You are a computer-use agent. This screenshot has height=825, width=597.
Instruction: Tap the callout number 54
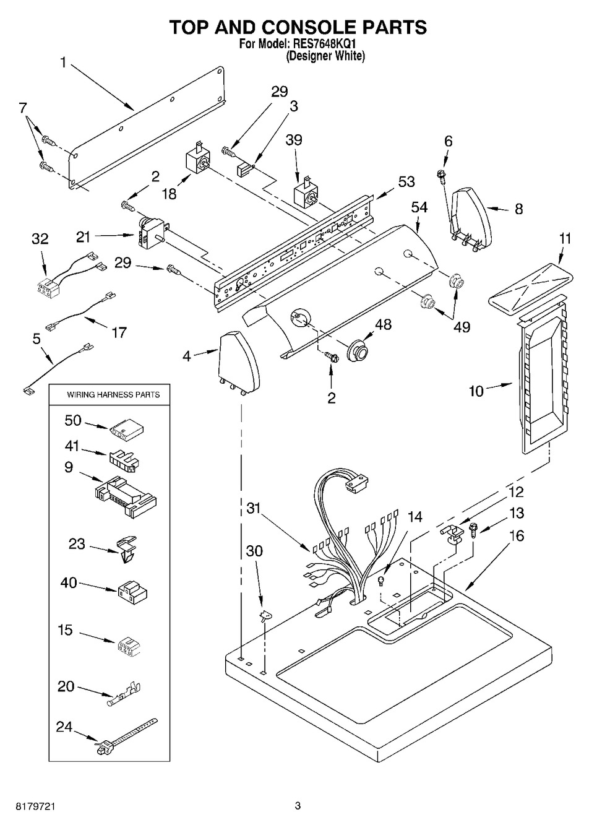tap(419, 208)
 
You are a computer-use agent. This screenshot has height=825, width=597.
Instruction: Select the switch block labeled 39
tap(304, 193)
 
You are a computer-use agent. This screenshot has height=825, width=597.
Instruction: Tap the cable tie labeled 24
tap(127, 739)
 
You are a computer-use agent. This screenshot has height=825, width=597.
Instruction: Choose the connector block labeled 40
tap(131, 593)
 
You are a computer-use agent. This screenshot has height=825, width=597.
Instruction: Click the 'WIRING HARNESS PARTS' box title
tap(113, 394)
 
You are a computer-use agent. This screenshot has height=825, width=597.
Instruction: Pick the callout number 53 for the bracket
tap(406, 182)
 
